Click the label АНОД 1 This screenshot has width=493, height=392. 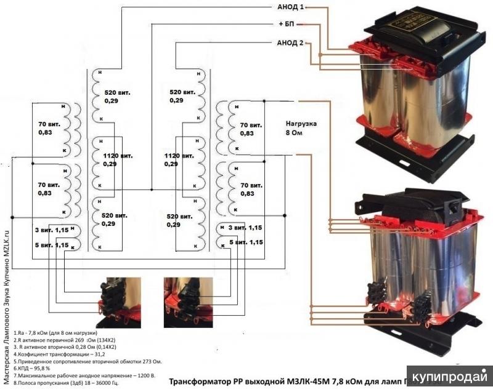click(x=287, y=7)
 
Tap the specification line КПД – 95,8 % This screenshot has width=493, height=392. click(x=38, y=366)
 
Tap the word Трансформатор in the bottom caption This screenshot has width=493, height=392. click(x=199, y=383)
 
